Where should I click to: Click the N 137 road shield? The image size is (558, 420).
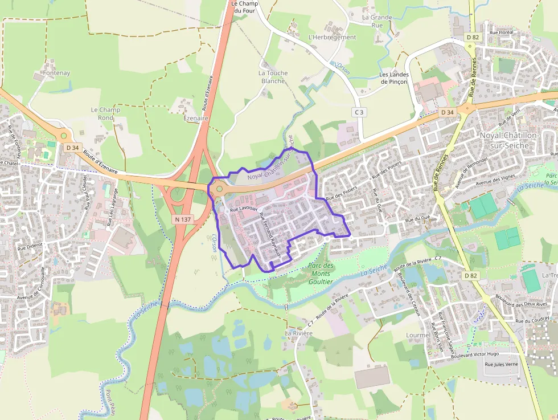coord(182,219)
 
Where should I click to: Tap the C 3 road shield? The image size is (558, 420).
coord(358,112)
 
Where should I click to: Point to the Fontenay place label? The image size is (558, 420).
coord(56,74)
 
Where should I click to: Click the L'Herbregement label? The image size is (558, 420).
coord(331,38)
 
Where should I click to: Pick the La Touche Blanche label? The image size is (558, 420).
coord(273,77)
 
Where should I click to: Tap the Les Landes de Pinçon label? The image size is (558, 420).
coord(394,78)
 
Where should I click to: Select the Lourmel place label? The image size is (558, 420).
coord(419,335)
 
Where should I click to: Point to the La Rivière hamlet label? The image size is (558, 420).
coord(299,332)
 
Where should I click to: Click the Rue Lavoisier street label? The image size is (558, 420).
coord(244,210)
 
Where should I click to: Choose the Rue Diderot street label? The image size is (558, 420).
coord(31,247)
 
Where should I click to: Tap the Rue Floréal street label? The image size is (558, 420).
coord(501,32)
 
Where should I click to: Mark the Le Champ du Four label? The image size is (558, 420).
coord(244,6)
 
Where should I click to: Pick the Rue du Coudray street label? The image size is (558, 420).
coord(532,320)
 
